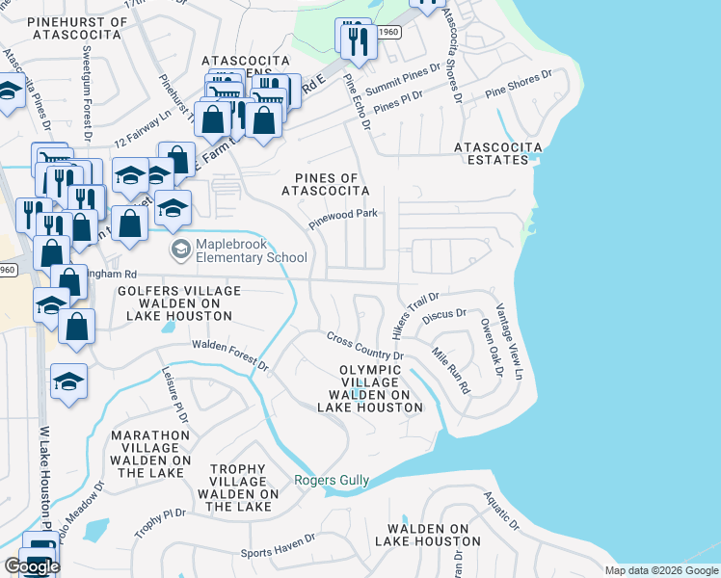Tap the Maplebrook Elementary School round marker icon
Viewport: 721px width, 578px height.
point(179,250)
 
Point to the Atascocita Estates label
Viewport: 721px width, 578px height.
point(498,154)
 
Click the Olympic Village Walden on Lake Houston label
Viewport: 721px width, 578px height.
point(370,389)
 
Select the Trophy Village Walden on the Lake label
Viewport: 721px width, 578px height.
point(237,487)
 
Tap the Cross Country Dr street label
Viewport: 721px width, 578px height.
point(364,345)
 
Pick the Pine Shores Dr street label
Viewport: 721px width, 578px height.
point(519,85)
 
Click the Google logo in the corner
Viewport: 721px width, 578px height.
point(31,566)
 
